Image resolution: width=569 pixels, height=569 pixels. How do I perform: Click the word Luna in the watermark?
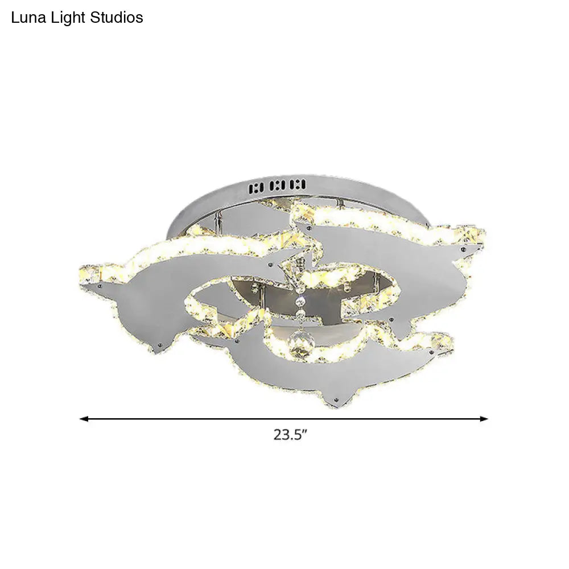[x=27, y=18]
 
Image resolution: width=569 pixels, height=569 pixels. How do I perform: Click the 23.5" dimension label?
[x=290, y=435]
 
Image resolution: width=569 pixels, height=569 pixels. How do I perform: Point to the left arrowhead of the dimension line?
[x=83, y=419]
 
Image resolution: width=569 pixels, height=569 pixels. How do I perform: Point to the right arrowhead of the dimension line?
[x=485, y=419]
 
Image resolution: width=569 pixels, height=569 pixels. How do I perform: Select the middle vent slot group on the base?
[x=280, y=185]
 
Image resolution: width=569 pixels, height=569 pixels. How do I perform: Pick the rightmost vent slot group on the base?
[x=298, y=184]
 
